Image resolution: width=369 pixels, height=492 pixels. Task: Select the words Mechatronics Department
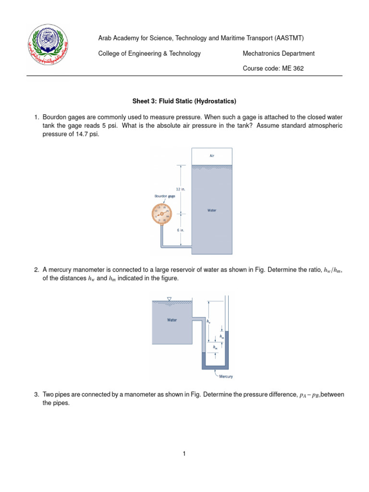point(279,53)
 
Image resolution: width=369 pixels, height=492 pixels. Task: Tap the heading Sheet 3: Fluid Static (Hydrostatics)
point(184,101)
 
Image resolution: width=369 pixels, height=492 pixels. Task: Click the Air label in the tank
point(212,156)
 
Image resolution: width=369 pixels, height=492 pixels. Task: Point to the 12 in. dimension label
point(180,190)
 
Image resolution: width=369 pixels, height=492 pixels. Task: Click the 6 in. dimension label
point(180,230)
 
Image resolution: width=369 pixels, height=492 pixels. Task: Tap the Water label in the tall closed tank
point(212,210)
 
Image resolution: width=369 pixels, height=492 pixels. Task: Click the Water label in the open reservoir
point(172,320)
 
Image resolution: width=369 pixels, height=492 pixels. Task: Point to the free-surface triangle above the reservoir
point(169,299)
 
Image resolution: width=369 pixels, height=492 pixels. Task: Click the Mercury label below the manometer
point(226,376)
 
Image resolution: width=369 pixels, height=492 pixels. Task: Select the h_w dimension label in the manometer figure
point(209,321)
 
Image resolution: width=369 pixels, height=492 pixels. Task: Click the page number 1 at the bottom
point(184,453)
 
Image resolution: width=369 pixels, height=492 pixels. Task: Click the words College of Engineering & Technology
point(149,53)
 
